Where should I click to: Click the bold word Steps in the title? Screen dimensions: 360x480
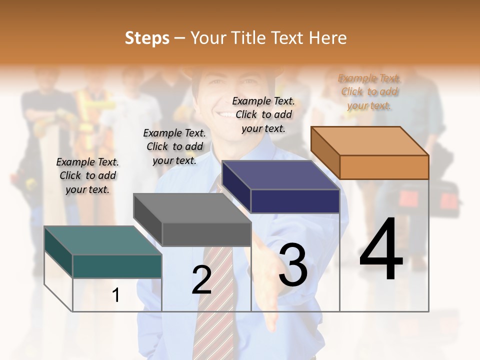147,38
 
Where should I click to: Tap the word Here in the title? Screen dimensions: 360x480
327,38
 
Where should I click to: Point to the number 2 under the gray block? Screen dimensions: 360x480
201,279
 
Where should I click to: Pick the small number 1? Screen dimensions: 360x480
116,295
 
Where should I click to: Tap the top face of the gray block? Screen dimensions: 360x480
192,207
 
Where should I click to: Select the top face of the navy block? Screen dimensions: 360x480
280,175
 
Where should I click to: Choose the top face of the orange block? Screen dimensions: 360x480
369,140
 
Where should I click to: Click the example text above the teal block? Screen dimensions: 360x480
87,175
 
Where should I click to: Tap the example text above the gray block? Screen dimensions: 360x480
174,146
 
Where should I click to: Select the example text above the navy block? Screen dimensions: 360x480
263,114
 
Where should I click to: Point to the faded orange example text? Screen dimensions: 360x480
369,91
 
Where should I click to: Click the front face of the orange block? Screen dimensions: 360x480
384,167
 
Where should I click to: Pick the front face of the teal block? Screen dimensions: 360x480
117,266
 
